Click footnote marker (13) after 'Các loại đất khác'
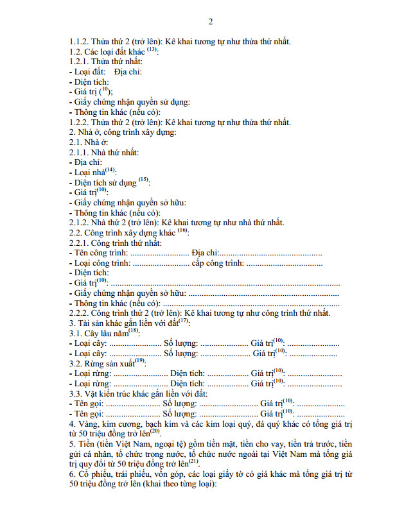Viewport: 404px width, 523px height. pos(152,49)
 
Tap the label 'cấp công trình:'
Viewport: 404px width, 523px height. pos(218,263)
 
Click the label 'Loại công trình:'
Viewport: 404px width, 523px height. pos(101,263)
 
